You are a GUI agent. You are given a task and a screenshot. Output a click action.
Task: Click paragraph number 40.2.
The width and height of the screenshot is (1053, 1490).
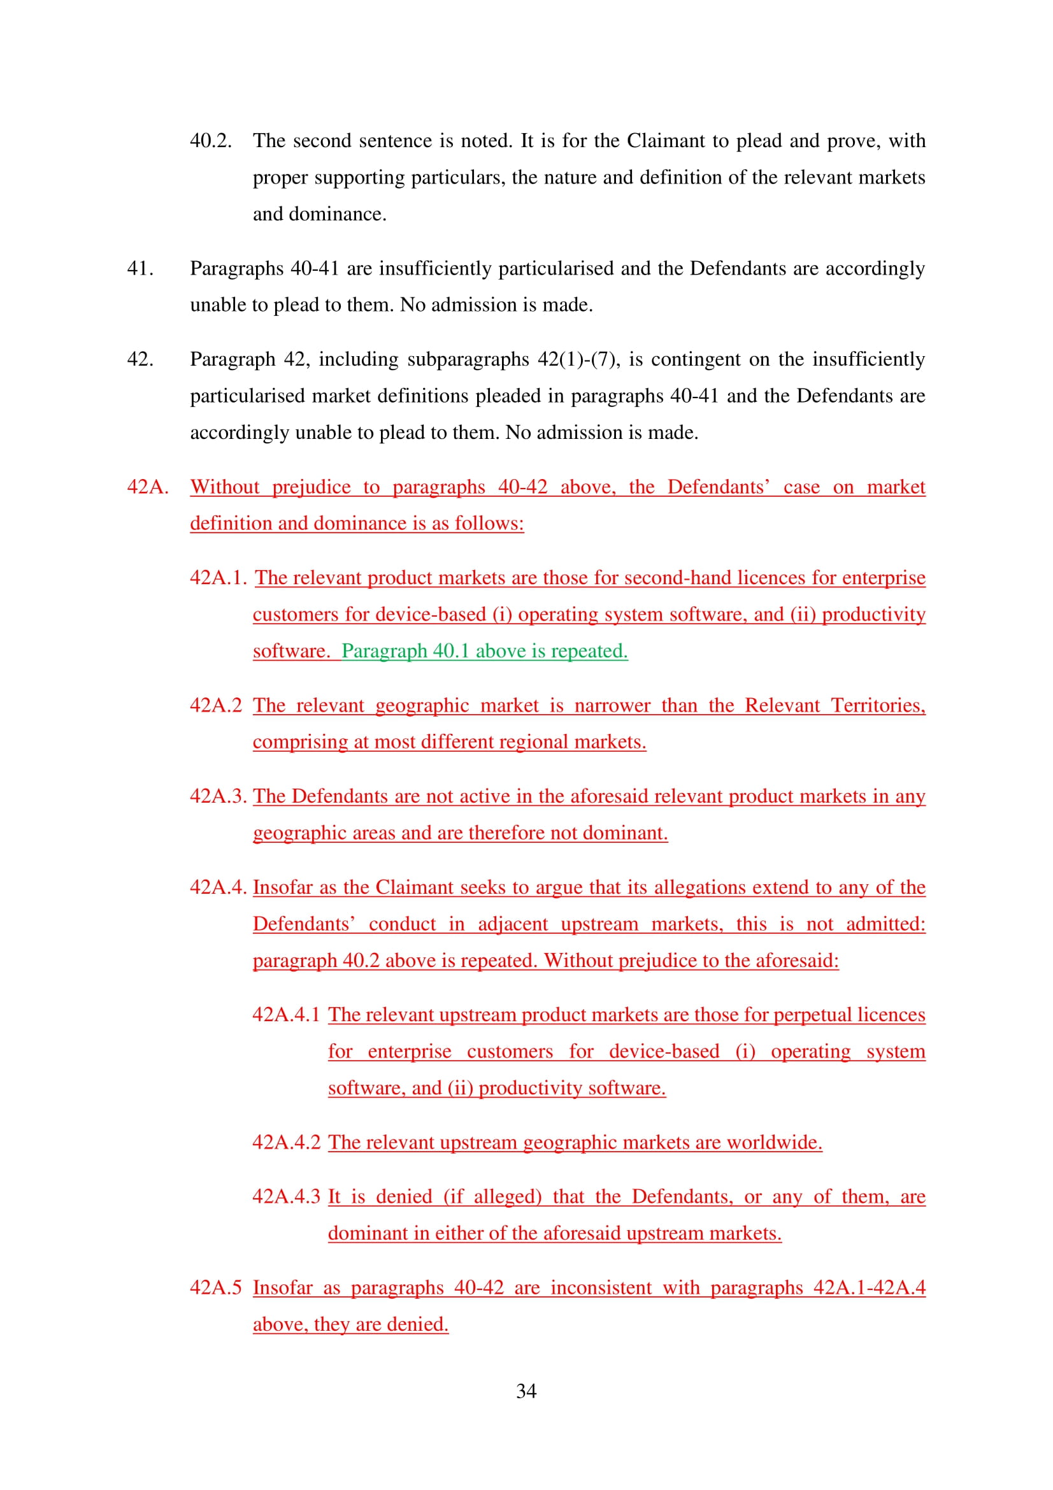click(211, 141)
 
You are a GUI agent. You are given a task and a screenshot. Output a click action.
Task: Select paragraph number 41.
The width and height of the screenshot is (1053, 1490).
click(140, 268)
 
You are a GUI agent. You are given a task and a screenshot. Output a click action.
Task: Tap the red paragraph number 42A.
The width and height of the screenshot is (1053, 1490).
click(148, 487)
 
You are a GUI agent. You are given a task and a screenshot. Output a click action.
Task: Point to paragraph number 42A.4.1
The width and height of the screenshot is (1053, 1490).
click(286, 1014)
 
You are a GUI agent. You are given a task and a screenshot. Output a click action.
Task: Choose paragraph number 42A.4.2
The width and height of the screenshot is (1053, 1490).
click(286, 1142)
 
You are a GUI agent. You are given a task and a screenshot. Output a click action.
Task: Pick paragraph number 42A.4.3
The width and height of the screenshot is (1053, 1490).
click(286, 1196)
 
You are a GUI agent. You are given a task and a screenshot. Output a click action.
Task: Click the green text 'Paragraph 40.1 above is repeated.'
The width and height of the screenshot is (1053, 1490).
click(485, 651)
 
